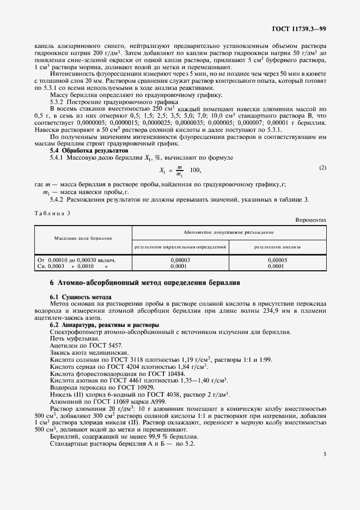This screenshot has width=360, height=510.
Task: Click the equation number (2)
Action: pos(322,167)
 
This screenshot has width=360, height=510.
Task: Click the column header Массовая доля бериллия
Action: pos(83,238)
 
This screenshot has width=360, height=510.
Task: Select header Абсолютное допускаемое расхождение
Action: pos(229,232)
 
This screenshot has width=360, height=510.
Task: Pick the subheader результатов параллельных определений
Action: pos(180,247)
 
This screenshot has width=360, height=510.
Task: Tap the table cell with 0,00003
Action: pos(180,260)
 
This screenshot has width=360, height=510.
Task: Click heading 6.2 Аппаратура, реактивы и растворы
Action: pos(102,325)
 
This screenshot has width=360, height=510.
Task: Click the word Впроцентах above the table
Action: pos(310,220)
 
